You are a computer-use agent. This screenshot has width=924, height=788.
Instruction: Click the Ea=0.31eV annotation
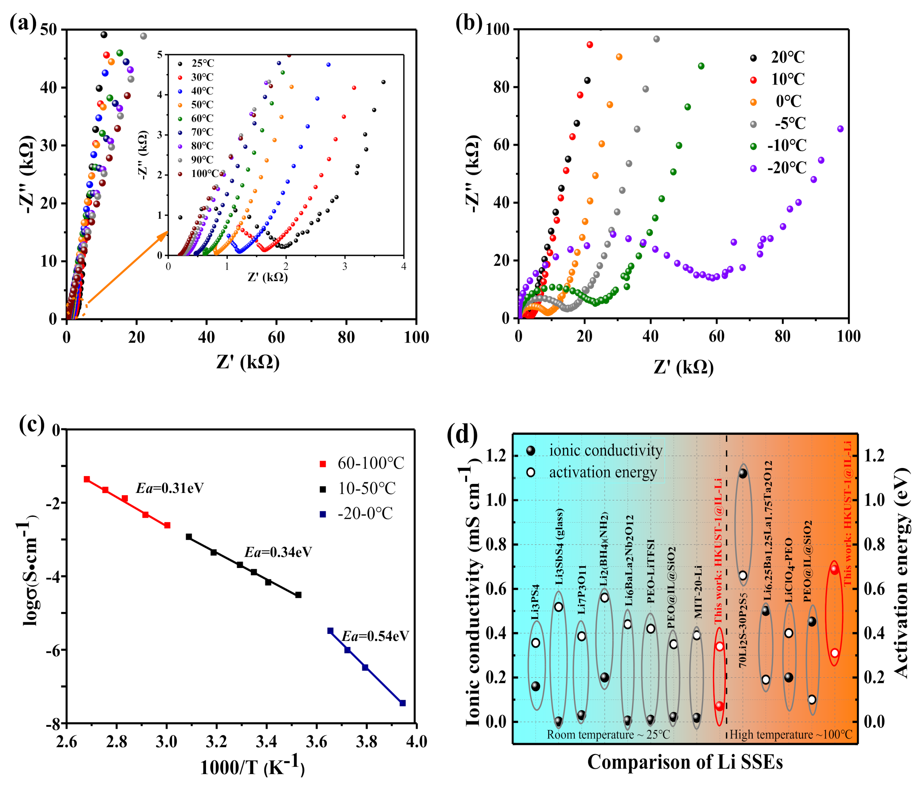coord(170,488)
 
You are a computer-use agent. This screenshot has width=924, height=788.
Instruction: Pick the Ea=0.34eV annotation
coord(278,552)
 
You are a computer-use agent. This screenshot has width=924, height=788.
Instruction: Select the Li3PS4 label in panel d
coord(535,602)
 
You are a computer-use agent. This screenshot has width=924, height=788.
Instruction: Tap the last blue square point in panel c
coord(403,703)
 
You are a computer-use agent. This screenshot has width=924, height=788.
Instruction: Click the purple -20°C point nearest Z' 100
coord(840,129)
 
